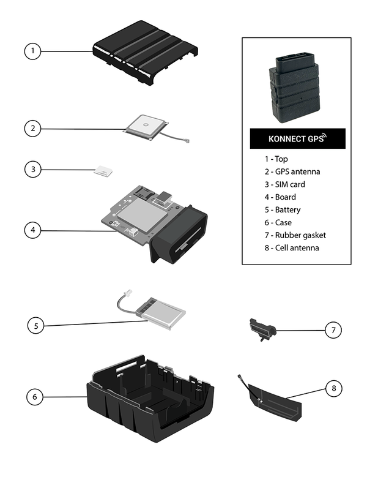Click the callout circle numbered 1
click(33, 51)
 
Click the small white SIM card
click(103, 171)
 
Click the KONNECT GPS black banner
click(297, 138)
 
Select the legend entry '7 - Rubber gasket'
click(291, 235)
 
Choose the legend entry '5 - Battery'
click(279, 209)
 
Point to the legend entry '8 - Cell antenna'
click(288, 248)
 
